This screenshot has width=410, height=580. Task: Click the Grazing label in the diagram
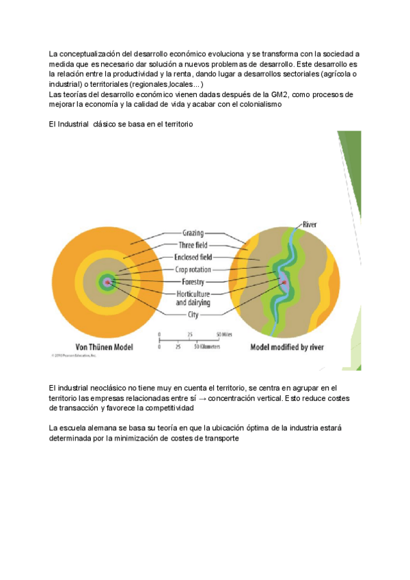(193, 233)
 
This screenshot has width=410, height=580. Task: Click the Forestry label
(193, 281)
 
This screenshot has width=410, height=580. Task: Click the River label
(309, 224)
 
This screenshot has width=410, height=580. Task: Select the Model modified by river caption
(287, 347)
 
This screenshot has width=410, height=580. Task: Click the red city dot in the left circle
(107, 281)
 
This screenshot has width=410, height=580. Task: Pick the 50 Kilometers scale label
(206, 347)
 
